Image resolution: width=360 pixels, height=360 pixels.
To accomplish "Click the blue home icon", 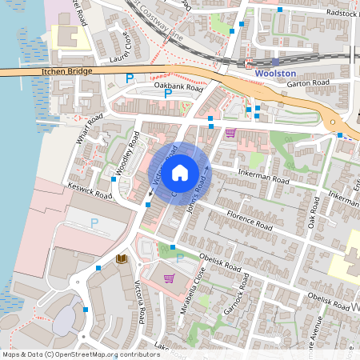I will pos(180,171).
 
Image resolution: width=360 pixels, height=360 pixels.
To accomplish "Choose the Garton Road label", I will pos(309,82).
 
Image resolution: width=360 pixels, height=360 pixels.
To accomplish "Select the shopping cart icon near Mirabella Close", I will pos(169,278).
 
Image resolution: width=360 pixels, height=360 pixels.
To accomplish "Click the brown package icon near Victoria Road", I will pos(122,259).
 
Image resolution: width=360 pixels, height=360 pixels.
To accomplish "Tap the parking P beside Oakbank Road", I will pos(168,94).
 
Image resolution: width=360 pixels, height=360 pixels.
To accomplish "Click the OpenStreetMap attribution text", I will pos(82,354).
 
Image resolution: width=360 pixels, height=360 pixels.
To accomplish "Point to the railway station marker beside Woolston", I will pos(275,61).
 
